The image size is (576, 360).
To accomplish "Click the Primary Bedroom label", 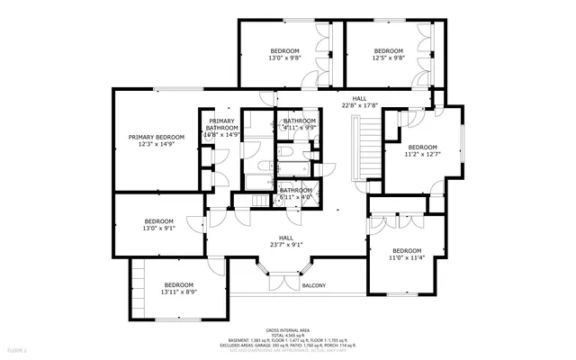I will coord(156,140).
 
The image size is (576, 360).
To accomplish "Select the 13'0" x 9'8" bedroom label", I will coord(284,54).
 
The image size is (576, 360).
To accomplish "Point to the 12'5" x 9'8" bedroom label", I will coord(388,54).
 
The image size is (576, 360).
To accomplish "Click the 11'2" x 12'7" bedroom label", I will coord(421,150).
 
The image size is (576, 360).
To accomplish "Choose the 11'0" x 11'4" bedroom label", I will coord(406,254).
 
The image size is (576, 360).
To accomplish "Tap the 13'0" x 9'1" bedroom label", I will coord(158,225).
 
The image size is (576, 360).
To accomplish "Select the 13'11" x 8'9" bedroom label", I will coord(179,288).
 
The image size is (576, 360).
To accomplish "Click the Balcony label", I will coord(313,286).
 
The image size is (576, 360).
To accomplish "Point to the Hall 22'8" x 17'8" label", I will coord(359,102).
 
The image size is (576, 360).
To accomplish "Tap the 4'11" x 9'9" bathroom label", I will coord(300,124).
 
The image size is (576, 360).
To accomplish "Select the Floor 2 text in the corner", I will coord(17,349).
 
